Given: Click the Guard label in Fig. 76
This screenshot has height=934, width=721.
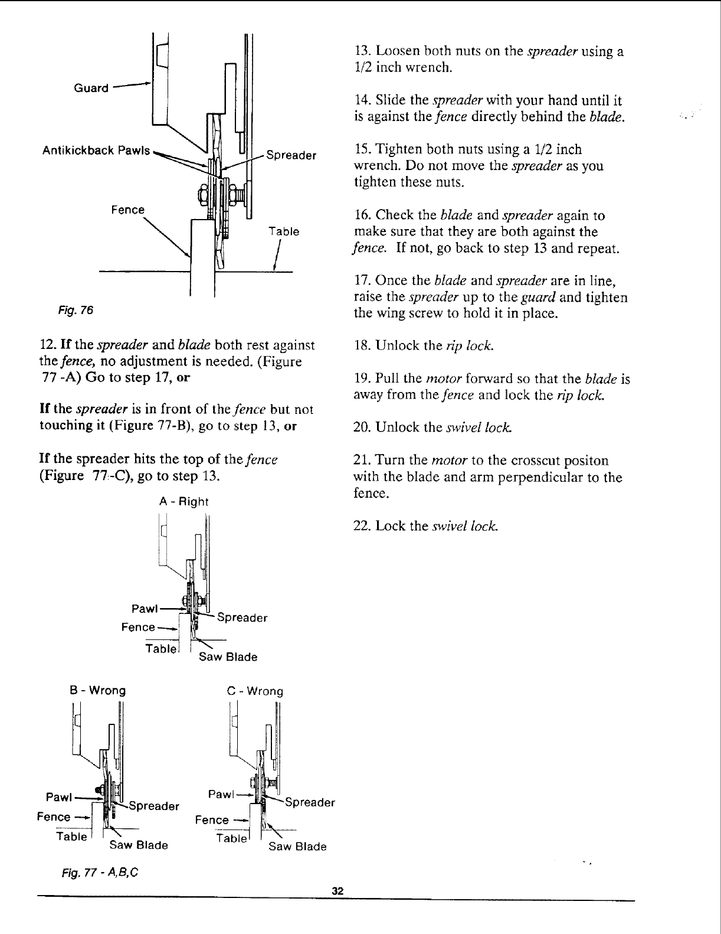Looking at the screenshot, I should click(91, 89).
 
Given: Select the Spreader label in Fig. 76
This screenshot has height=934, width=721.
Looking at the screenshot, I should click(291, 156).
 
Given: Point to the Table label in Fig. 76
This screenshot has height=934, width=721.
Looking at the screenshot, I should click(284, 231).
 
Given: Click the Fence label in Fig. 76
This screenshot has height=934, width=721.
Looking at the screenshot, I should click(128, 210).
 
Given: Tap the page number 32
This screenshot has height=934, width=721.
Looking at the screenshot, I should click(337, 891).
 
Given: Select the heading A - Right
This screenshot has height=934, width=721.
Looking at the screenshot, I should click(184, 502).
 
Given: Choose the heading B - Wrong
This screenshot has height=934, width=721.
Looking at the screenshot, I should click(98, 690).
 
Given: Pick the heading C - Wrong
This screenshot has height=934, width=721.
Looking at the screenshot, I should click(255, 691).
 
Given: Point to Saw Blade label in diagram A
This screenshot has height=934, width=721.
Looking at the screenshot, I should click(228, 657).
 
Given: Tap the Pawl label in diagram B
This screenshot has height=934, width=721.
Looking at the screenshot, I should click(58, 797).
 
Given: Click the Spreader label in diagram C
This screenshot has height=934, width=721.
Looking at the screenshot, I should click(310, 802).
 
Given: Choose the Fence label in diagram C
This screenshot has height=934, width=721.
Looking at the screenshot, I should click(212, 820).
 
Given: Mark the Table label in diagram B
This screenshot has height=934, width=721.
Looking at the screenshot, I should click(71, 837).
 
